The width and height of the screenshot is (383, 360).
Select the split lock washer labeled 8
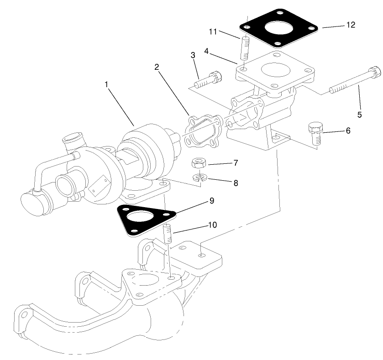click(199, 178)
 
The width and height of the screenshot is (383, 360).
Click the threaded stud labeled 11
click(244, 48)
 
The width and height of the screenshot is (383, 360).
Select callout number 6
click(348, 131)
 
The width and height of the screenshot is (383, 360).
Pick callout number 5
click(359, 115)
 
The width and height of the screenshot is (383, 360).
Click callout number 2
click(157, 67)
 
